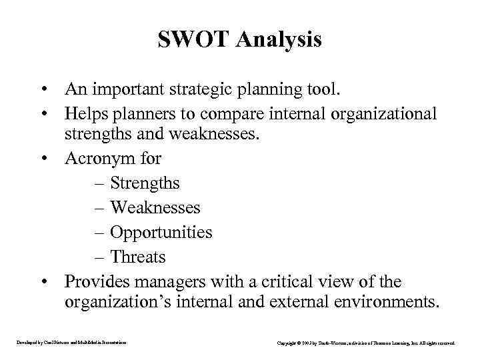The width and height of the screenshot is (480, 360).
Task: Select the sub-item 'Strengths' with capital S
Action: [x=145, y=183]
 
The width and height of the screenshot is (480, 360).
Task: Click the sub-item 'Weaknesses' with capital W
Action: [x=155, y=207]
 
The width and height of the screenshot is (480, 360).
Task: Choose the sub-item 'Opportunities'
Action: [x=161, y=233]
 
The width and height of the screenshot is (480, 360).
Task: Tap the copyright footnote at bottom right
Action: [x=366, y=343]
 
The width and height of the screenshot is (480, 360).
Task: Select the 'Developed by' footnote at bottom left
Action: [x=71, y=343]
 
